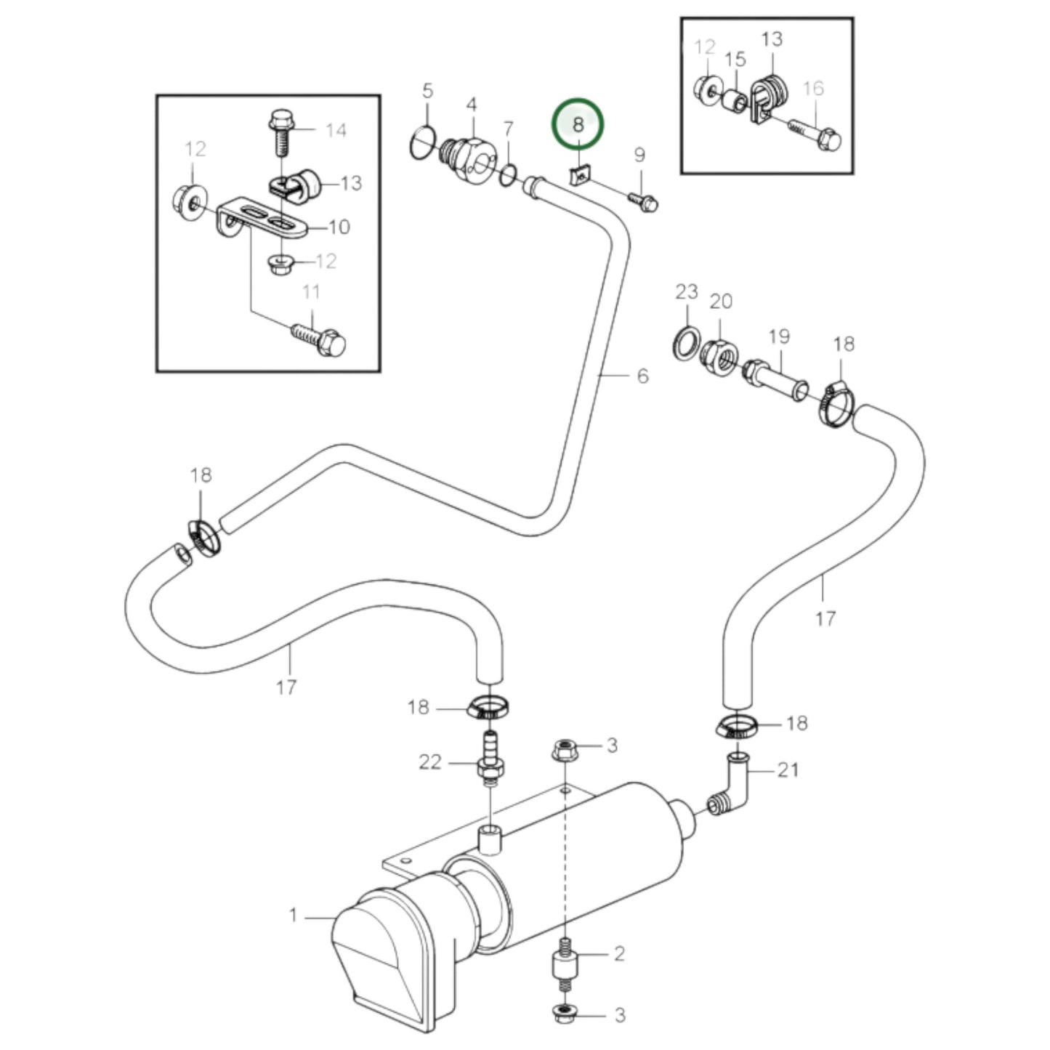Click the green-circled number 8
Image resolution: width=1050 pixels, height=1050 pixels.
(578, 124)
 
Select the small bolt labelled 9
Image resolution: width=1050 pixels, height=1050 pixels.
(643, 201)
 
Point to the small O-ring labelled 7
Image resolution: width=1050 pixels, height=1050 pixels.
(509, 174)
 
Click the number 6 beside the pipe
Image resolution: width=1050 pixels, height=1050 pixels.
(642, 376)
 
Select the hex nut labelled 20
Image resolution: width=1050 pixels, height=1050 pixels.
(719, 354)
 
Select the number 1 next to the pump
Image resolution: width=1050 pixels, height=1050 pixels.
(294, 915)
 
